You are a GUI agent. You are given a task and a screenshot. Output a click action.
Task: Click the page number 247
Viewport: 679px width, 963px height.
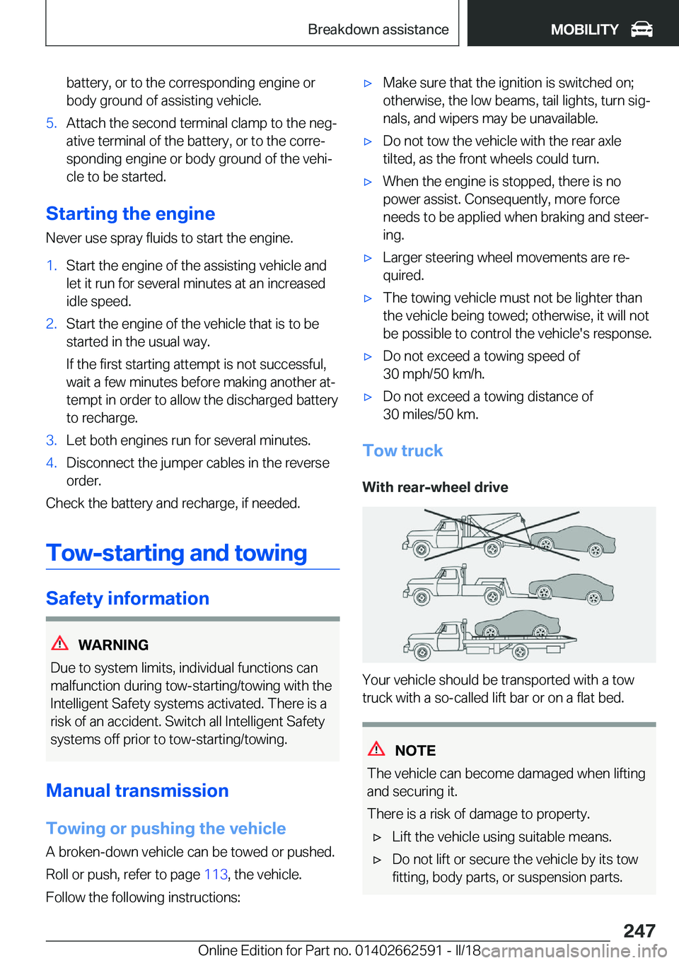639,930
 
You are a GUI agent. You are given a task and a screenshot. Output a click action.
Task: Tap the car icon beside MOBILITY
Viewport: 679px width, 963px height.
642,29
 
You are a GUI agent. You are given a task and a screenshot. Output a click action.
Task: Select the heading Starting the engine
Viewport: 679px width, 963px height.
130,214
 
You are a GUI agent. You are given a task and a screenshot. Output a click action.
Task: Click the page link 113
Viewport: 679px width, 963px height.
216,875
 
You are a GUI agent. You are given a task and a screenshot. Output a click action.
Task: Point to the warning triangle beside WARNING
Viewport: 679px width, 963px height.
60,643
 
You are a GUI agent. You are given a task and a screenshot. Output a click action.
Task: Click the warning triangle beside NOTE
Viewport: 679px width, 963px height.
376,749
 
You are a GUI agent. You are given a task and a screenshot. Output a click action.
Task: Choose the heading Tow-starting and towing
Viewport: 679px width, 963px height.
177,553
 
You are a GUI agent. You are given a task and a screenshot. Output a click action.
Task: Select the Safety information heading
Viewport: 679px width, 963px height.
127,598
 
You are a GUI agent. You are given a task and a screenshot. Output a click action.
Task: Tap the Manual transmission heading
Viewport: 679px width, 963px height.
137,790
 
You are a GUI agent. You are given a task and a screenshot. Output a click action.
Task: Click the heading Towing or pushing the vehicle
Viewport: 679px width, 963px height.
166,828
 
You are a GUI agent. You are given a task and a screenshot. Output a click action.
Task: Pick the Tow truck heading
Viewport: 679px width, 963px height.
402,450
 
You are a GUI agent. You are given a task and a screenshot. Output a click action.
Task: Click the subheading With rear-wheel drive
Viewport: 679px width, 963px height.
435,487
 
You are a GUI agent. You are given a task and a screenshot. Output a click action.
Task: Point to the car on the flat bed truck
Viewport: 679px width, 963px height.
516,624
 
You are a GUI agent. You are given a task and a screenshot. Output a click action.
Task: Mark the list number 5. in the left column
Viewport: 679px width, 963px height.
51,123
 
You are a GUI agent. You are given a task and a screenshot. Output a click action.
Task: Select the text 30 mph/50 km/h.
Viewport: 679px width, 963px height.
434,374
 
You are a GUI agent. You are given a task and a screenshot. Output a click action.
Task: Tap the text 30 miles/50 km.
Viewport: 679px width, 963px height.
430,414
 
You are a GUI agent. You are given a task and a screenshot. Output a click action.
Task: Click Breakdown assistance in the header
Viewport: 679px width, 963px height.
378,29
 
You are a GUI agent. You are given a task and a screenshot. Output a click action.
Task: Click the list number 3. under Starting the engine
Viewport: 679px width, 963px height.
51,440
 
